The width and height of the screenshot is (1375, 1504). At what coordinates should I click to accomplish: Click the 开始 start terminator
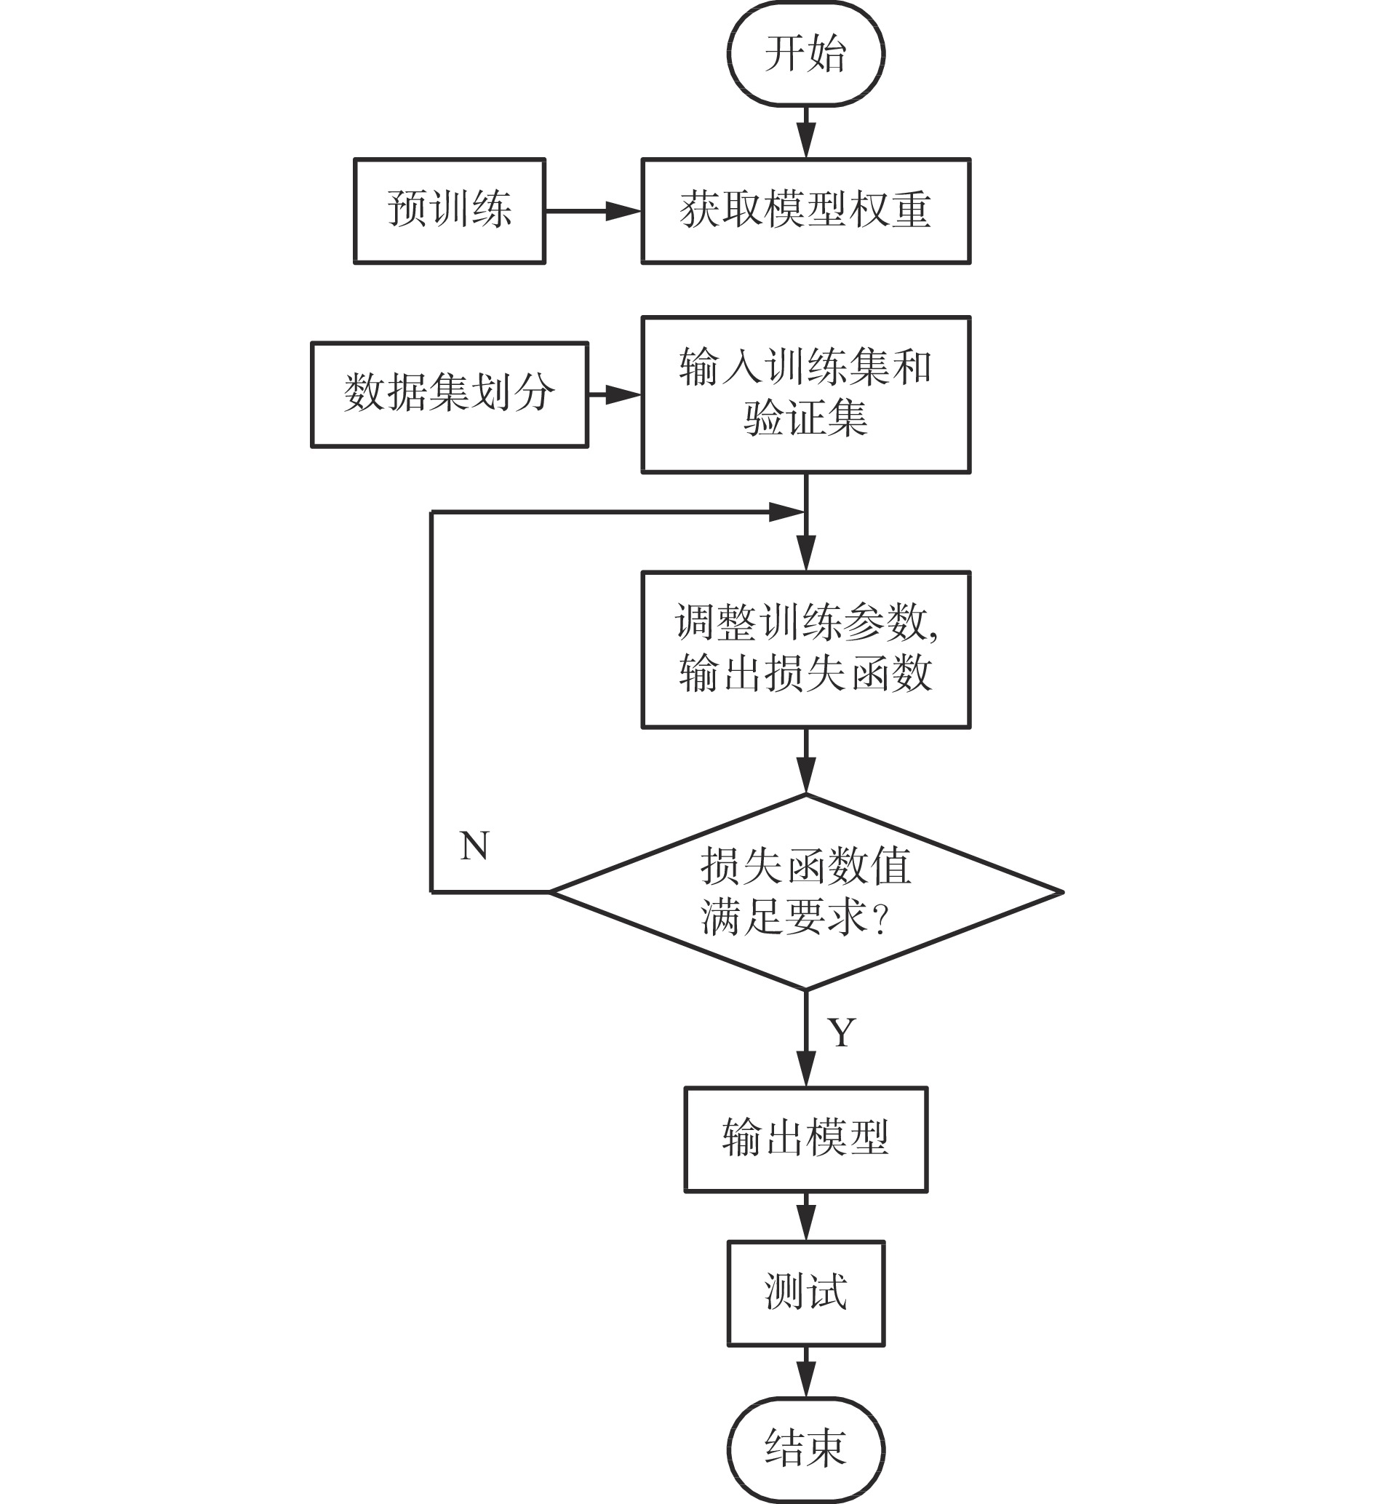tap(806, 54)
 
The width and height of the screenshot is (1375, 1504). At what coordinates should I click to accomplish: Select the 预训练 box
tap(449, 210)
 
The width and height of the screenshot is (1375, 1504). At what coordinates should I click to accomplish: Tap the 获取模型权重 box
tap(806, 210)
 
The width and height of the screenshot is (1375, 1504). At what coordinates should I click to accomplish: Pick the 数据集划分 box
tap(449, 394)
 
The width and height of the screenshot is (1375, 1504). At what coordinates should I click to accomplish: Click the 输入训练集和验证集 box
tap(806, 394)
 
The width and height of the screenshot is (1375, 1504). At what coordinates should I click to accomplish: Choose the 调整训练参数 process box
tap(806, 649)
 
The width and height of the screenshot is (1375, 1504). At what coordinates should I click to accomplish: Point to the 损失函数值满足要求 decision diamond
tap(806, 891)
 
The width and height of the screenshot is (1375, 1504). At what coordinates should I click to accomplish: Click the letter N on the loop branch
tap(474, 846)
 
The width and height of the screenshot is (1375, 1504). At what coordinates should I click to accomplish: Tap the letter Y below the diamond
tap(842, 1032)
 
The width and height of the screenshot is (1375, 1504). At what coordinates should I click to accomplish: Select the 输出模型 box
tap(806, 1139)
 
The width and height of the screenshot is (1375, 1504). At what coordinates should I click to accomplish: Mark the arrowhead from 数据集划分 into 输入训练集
tap(623, 394)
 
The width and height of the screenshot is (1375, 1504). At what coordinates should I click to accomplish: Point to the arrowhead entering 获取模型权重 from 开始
tap(806, 140)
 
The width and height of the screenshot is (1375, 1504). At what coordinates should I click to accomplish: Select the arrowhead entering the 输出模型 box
tap(806, 1068)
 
